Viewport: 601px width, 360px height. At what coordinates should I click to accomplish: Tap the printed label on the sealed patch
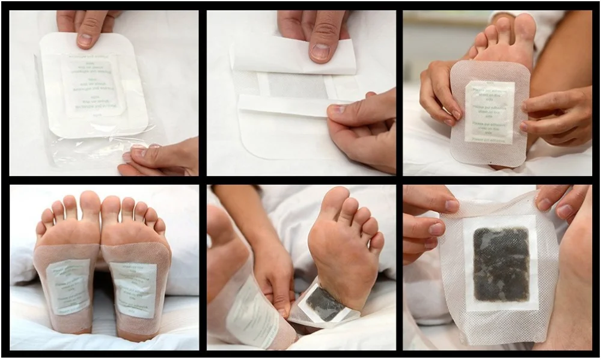[93, 84]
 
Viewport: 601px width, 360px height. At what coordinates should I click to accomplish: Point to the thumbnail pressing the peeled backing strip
[320, 50]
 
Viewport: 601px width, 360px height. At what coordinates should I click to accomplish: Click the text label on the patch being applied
[489, 112]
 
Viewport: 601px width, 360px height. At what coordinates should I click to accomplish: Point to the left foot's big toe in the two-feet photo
[90, 204]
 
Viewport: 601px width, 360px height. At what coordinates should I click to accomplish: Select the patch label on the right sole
[133, 289]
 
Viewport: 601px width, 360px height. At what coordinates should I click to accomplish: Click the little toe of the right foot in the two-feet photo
[160, 225]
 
